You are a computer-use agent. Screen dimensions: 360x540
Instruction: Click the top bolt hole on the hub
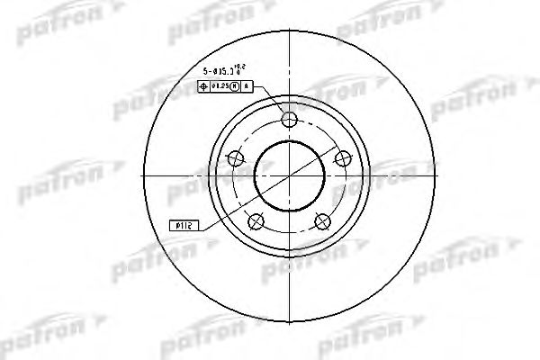pyautogui.click(x=289, y=121)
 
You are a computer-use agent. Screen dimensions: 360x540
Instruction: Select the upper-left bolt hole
pyautogui.click(x=237, y=158)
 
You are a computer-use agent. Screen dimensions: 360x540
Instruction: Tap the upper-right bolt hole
pyautogui.click(x=341, y=158)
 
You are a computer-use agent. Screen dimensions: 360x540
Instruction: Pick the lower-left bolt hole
pyautogui.click(x=256, y=220)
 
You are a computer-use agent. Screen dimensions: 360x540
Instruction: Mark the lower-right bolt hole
pyautogui.click(x=321, y=220)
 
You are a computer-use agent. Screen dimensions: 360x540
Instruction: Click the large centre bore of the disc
pyautogui.click(x=289, y=175)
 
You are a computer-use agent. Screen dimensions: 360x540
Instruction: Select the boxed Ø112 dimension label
pyautogui.click(x=183, y=227)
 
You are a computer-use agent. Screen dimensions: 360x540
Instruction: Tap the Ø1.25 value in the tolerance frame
pyautogui.click(x=220, y=87)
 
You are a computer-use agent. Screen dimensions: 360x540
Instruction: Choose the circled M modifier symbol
pyautogui.click(x=236, y=87)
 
